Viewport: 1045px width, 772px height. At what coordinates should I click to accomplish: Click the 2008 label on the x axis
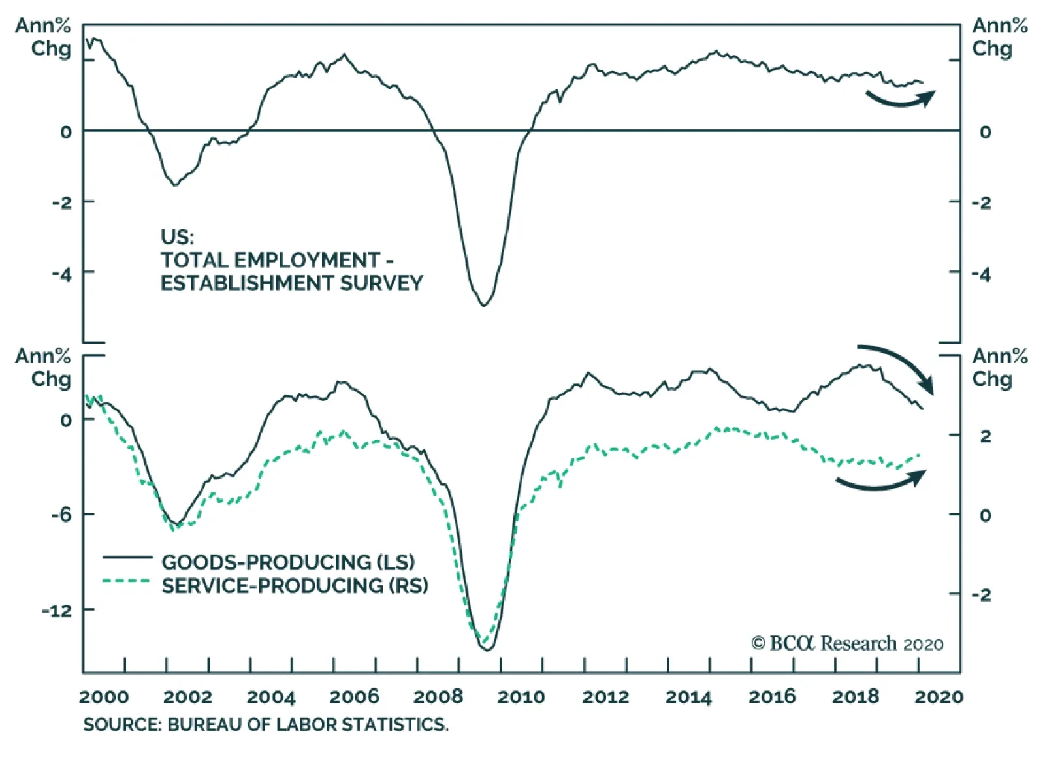click(x=438, y=697)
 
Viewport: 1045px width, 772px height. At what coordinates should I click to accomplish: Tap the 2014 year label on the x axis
click(x=688, y=697)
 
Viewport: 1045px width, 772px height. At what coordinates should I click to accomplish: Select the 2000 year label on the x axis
click(x=104, y=697)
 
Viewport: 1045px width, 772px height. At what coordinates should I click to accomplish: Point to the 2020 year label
click(x=939, y=697)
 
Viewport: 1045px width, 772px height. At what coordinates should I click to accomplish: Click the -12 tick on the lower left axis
click(x=57, y=611)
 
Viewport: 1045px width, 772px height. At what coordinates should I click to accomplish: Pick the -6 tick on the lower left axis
click(x=62, y=515)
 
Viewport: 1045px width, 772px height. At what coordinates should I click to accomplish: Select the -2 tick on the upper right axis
click(x=981, y=202)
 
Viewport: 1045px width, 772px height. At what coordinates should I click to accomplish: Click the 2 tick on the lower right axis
click(x=985, y=436)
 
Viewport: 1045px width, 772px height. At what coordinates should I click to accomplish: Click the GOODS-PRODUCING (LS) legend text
click(x=288, y=562)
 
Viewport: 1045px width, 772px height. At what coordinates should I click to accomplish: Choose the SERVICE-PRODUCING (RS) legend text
click(x=295, y=586)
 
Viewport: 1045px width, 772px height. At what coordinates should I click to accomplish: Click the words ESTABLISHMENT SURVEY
click(x=291, y=283)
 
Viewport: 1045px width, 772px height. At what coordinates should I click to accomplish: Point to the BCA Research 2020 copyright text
click(x=847, y=643)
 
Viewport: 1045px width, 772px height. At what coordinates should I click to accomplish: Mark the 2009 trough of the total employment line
click(x=484, y=305)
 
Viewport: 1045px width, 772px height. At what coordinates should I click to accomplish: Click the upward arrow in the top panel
click(x=901, y=99)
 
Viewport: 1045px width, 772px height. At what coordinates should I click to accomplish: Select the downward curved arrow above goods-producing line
click(x=898, y=366)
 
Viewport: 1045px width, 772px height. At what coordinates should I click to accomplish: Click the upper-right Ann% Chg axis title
click(x=999, y=37)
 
